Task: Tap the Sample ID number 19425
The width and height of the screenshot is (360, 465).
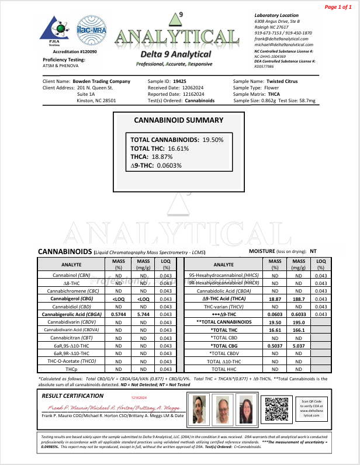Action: pos(180,81)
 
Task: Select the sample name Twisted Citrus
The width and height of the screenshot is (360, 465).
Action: pos(283,81)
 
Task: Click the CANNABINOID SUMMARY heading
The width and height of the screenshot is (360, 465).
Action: pos(178,120)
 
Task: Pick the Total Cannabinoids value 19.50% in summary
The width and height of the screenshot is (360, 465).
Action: pos(217,140)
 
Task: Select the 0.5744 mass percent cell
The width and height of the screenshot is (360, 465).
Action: pos(119,314)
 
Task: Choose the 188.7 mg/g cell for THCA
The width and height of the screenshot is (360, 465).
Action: pos(298,298)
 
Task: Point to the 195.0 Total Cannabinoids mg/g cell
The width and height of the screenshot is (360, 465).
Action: pos(298,322)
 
